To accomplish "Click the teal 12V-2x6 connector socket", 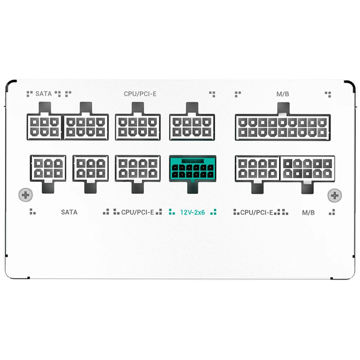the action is (192, 169).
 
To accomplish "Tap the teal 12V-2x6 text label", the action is (192, 212).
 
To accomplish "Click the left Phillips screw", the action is (25, 195).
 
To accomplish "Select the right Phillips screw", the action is (335, 196).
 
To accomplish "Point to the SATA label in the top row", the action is (43, 94).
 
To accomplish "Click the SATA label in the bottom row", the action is (69, 212).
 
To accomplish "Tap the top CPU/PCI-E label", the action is (140, 94).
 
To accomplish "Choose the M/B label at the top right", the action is (283, 94).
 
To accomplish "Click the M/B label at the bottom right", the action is (308, 212).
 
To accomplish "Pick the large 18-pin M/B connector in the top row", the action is (283, 127).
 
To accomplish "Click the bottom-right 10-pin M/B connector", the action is (307, 169).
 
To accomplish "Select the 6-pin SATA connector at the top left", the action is (44, 127).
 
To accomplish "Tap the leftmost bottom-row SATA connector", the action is (48, 169).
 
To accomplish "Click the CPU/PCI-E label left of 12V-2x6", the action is (138, 212).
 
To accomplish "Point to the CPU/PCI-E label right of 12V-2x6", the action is (257, 212).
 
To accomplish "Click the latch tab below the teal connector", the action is (192, 188).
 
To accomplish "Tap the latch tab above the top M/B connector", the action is (284, 108).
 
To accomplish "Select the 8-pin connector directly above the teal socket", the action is (192, 127).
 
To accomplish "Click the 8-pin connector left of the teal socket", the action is (138, 169).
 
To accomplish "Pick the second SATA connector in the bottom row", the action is (91, 169).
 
